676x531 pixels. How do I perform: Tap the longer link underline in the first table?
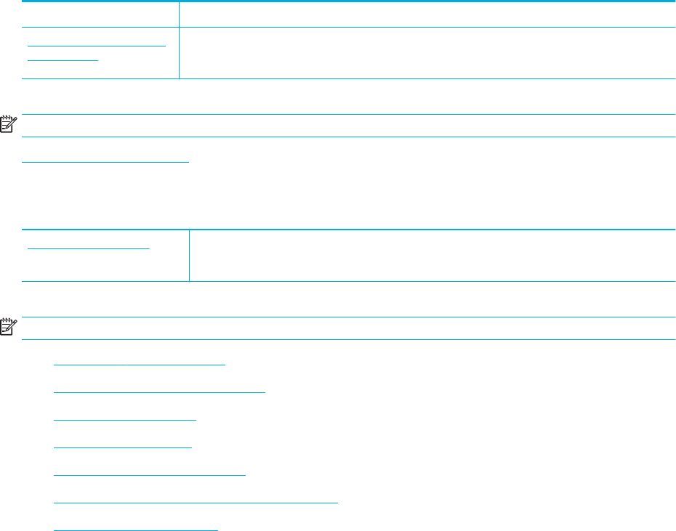97,46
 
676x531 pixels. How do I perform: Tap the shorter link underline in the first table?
63,60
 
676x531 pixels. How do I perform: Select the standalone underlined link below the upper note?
105,161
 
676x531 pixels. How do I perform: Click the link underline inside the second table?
88,247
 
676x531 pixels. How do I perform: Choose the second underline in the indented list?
160,391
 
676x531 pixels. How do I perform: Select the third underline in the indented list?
125,418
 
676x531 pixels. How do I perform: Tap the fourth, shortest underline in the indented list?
123,446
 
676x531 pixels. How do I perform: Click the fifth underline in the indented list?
150,474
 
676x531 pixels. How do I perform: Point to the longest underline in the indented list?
196,501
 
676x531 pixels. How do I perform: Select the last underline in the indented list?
136,529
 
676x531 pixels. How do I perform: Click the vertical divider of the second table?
189,255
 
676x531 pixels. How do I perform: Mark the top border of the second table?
429,230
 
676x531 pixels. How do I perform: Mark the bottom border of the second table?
429,281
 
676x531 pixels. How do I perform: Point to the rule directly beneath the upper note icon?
349,137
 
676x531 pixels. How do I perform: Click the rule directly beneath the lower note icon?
349,340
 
